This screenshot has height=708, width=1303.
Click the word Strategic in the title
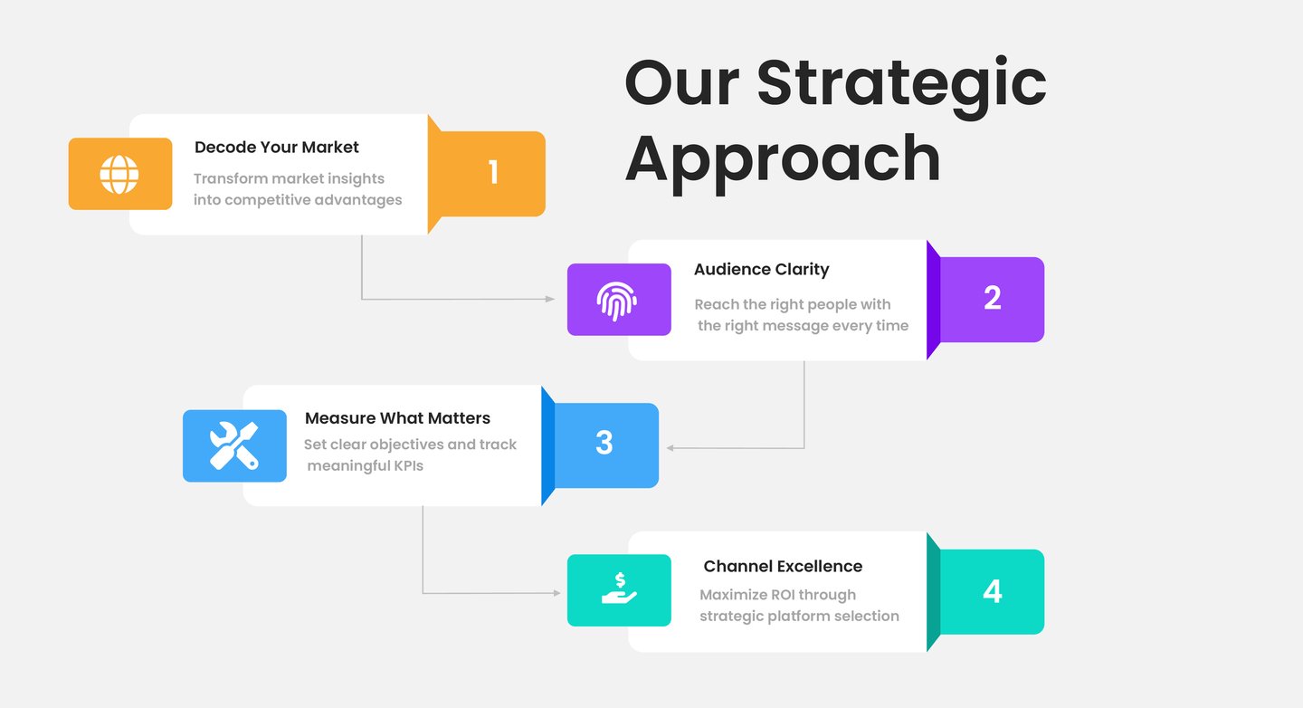coord(901,84)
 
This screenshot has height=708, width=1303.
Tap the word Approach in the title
coord(783,159)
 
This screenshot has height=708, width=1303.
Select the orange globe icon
coord(119,174)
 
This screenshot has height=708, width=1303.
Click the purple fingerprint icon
coord(618,300)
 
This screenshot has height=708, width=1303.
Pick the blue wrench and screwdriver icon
coord(234,445)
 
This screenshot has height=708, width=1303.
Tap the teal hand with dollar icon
coord(619,589)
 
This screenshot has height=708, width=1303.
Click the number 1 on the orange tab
coord(493,172)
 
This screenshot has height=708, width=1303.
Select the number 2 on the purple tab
coord(993,298)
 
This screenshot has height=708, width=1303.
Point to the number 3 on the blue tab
coord(604,443)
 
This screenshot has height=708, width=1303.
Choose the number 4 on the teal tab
coord(993,591)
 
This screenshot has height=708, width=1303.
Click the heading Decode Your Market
coord(277,147)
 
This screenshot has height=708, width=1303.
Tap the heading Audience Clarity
coord(761,269)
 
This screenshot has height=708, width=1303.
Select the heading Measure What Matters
coord(397,417)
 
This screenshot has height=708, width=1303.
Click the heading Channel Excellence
coord(783,566)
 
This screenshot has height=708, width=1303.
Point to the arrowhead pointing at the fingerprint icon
coord(550,299)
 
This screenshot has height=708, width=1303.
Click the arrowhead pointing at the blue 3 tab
coord(671,447)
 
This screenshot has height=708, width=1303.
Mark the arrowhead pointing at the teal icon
coord(556,593)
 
